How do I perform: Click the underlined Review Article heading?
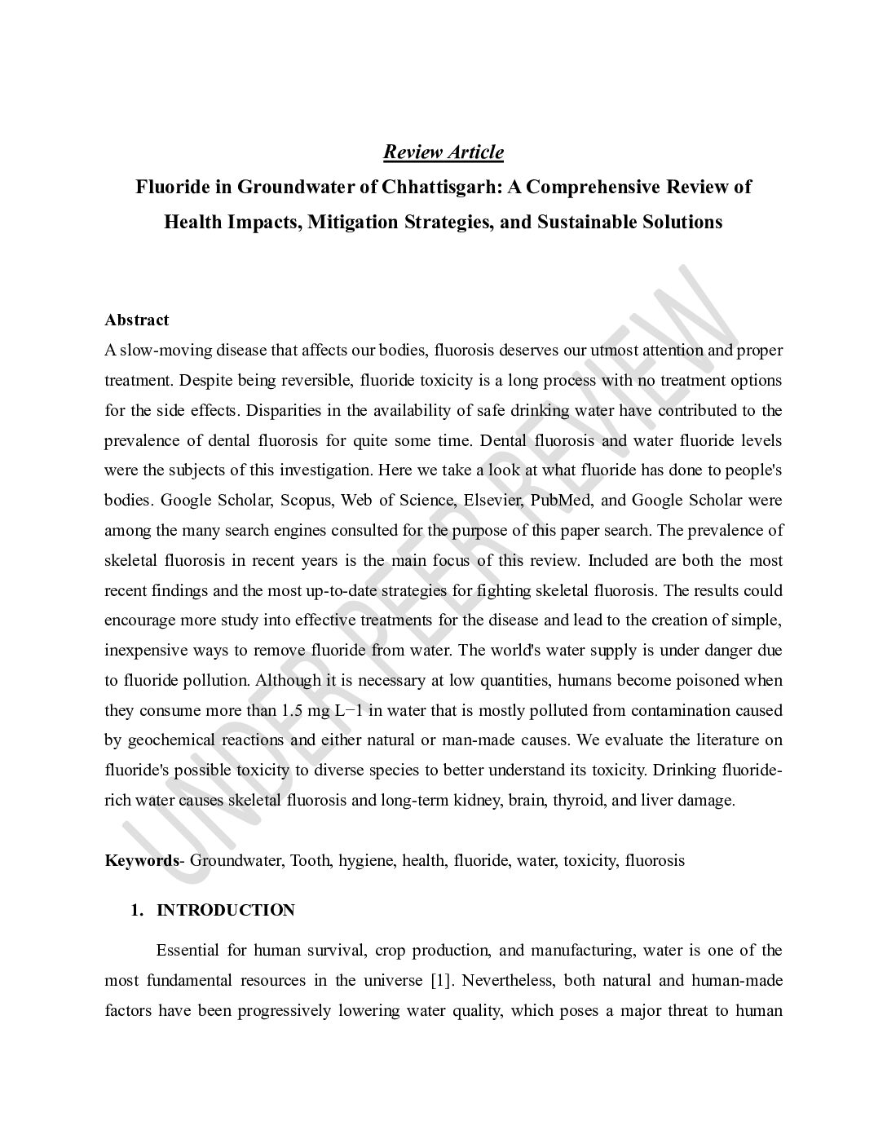443,152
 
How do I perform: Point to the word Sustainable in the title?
585,222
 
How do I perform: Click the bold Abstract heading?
136,320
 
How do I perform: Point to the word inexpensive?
143,651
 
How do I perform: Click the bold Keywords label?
141,861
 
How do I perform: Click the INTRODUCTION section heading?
226,911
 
